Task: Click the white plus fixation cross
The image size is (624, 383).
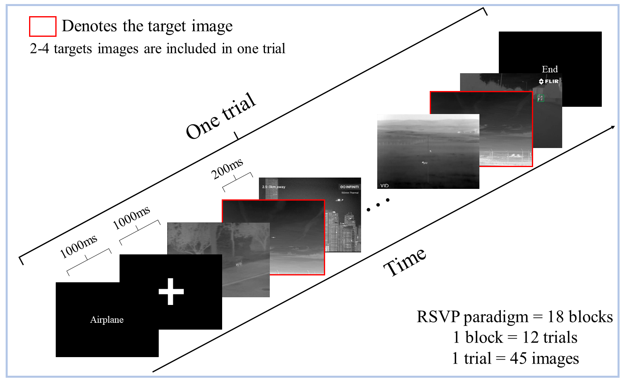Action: [x=171, y=291]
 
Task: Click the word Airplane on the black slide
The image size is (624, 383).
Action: [x=107, y=320]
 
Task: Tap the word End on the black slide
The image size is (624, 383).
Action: [x=550, y=69]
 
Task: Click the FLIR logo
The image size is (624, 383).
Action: [x=549, y=81]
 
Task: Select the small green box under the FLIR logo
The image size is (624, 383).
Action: [x=541, y=98]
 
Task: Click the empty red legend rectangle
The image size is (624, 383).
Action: [x=42, y=26]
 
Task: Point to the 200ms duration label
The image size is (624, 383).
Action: [x=227, y=168]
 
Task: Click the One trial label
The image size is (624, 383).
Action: [x=221, y=116]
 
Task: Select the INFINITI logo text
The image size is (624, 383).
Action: [x=350, y=187]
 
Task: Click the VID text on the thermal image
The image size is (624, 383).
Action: [x=384, y=186]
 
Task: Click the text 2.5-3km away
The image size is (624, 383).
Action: [x=273, y=187]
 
